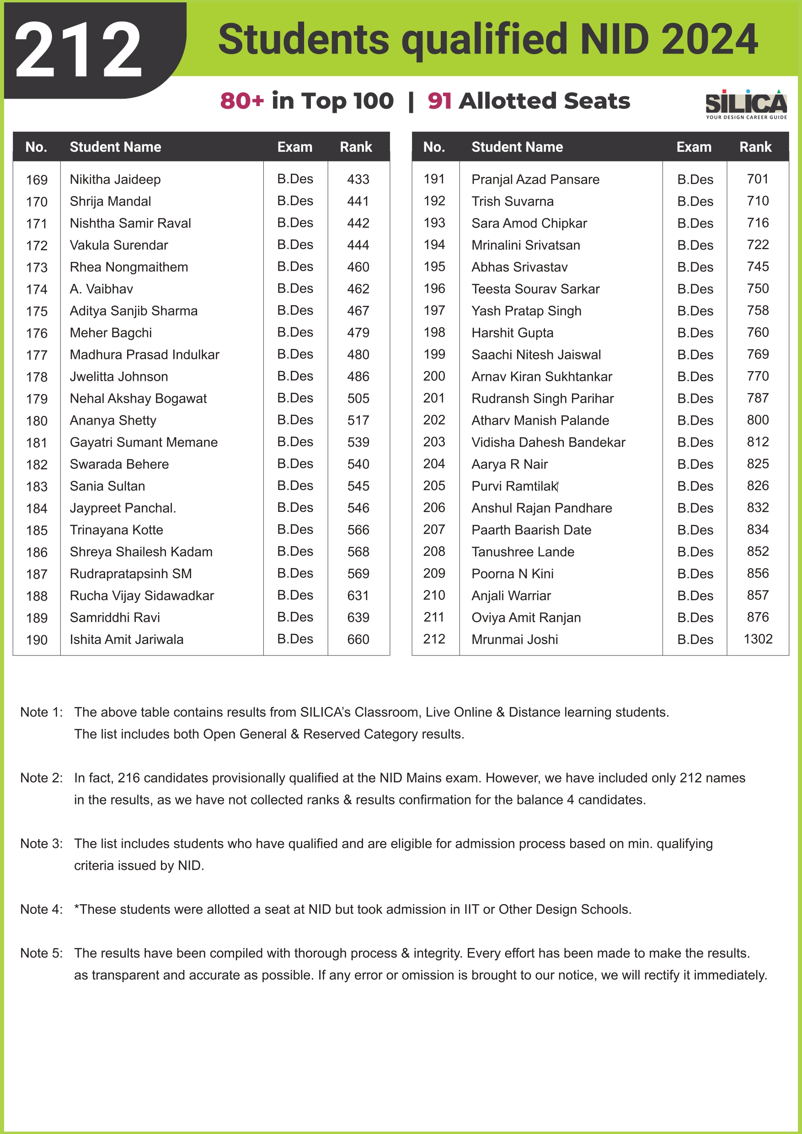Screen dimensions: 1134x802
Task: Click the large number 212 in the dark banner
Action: pyautogui.click(x=78, y=50)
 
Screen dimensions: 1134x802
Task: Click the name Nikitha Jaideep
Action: pyautogui.click(x=115, y=179)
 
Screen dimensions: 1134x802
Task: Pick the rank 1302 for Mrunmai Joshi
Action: pyautogui.click(x=758, y=639)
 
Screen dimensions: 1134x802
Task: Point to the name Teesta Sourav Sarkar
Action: pyautogui.click(x=535, y=289)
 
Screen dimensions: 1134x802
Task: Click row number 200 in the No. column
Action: pyautogui.click(x=434, y=376)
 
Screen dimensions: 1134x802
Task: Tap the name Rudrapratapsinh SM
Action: pyautogui.click(x=130, y=574)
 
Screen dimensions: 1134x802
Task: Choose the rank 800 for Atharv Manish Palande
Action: pyautogui.click(x=758, y=420)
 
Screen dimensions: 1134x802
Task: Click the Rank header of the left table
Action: pyautogui.click(x=356, y=147)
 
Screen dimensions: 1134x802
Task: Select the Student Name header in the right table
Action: pyautogui.click(x=517, y=147)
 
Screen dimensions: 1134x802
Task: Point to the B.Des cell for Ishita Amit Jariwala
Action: pyautogui.click(x=295, y=639)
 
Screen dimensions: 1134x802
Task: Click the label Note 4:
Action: pyautogui.click(x=42, y=909)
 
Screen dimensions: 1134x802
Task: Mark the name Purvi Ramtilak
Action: pyautogui.click(x=514, y=486)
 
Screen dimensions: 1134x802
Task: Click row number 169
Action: pyautogui.click(x=37, y=180)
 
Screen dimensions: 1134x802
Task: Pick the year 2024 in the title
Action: pyautogui.click(x=709, y=39)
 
